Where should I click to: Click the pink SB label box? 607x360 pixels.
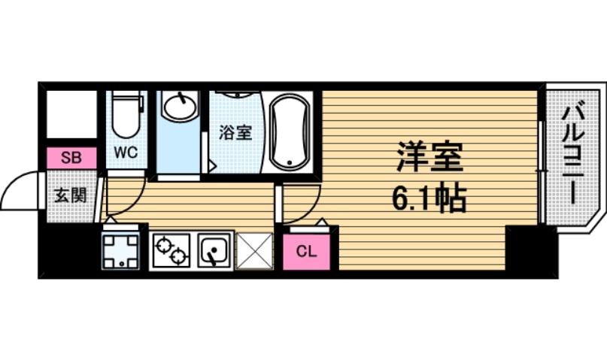[71, 158]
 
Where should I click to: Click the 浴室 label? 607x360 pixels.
[235, 133]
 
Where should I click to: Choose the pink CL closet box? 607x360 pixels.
[306, 251]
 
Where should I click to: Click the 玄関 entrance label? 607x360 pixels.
[70, 195]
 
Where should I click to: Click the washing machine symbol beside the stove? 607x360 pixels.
[121, 249]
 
